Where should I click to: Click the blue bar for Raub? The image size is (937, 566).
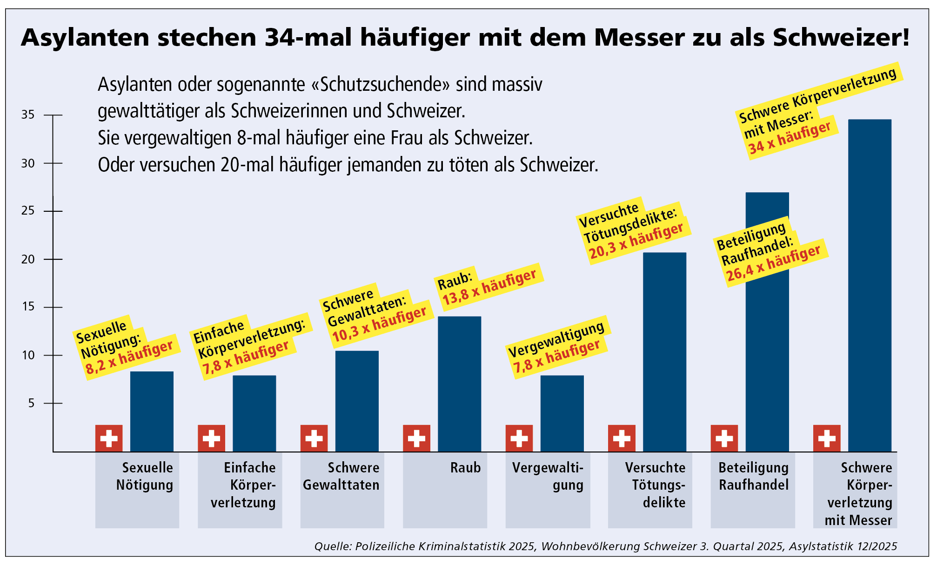pyautogui.click(x=459, y=384)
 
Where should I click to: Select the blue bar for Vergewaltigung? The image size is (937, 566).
pyautogui.click(x=562, y=413)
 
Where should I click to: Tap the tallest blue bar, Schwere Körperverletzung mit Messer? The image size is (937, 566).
pyautogui.click(x=870, y=285)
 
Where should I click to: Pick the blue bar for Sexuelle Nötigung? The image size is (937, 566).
pyautogui.click(x=152, y=411)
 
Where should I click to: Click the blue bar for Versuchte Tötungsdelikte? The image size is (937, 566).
pyautogui.click(x=664, y=352)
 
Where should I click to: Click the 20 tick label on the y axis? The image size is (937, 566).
pyautogui.click(x=28, y=259)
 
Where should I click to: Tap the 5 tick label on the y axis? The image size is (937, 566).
pyautogui.click(x=31, y=403)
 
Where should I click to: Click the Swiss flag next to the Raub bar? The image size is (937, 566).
pyautogui.click(x=416, y=438)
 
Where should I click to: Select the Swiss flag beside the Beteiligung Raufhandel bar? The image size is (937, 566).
pyautogui.click(x=724, y=438)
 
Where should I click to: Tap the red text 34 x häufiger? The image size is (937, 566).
pyautogui.click(x=789, y=138)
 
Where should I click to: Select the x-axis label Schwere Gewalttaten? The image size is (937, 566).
pyautogui.click(x=341, y=476)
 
